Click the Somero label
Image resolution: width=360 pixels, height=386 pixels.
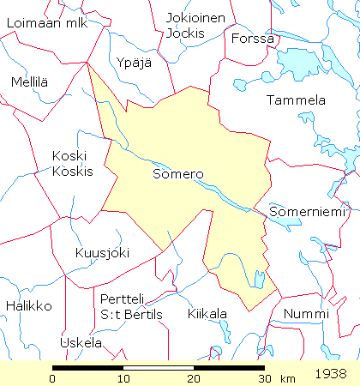tap(177, 174)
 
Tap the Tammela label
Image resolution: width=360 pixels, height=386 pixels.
tap(296, 100)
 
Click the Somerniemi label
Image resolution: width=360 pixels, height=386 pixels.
tap(305, 210)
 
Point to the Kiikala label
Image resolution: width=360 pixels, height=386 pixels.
tap(207, 314)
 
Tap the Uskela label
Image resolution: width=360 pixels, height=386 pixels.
tap(81, 343)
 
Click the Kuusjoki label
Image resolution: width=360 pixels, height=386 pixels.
tap(102, 252)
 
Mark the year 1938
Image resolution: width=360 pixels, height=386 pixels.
tap(331, 374)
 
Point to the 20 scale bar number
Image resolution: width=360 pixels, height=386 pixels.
tap(194, 378)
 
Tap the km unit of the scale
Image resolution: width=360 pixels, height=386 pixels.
tap(287, 378)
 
